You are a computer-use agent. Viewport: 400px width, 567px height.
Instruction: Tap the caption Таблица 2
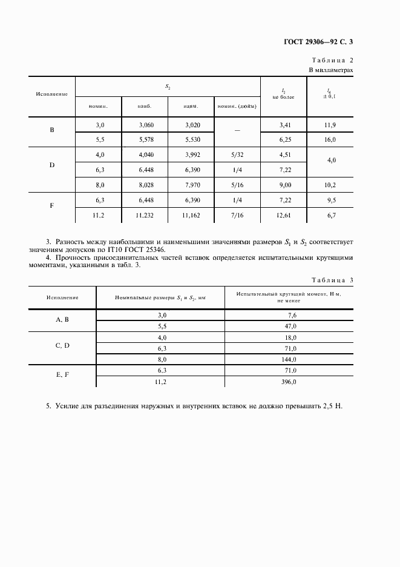tap(332, 61)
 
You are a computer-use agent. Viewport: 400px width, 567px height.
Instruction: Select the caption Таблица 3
tap(332, 280)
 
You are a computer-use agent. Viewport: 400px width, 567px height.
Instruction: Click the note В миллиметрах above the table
tap(331, 70)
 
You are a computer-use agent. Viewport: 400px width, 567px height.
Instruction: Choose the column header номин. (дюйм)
tap(236, 106)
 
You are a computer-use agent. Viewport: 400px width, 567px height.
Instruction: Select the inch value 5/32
tap(236, 154)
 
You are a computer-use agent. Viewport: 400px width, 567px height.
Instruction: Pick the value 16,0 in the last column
tap(330, 139)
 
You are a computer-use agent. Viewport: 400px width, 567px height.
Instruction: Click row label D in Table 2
tap(51, 164)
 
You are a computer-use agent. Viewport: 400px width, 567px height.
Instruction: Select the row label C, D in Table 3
tap(63, 345)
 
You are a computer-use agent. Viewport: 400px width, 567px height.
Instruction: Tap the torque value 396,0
tap(287, 382)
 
